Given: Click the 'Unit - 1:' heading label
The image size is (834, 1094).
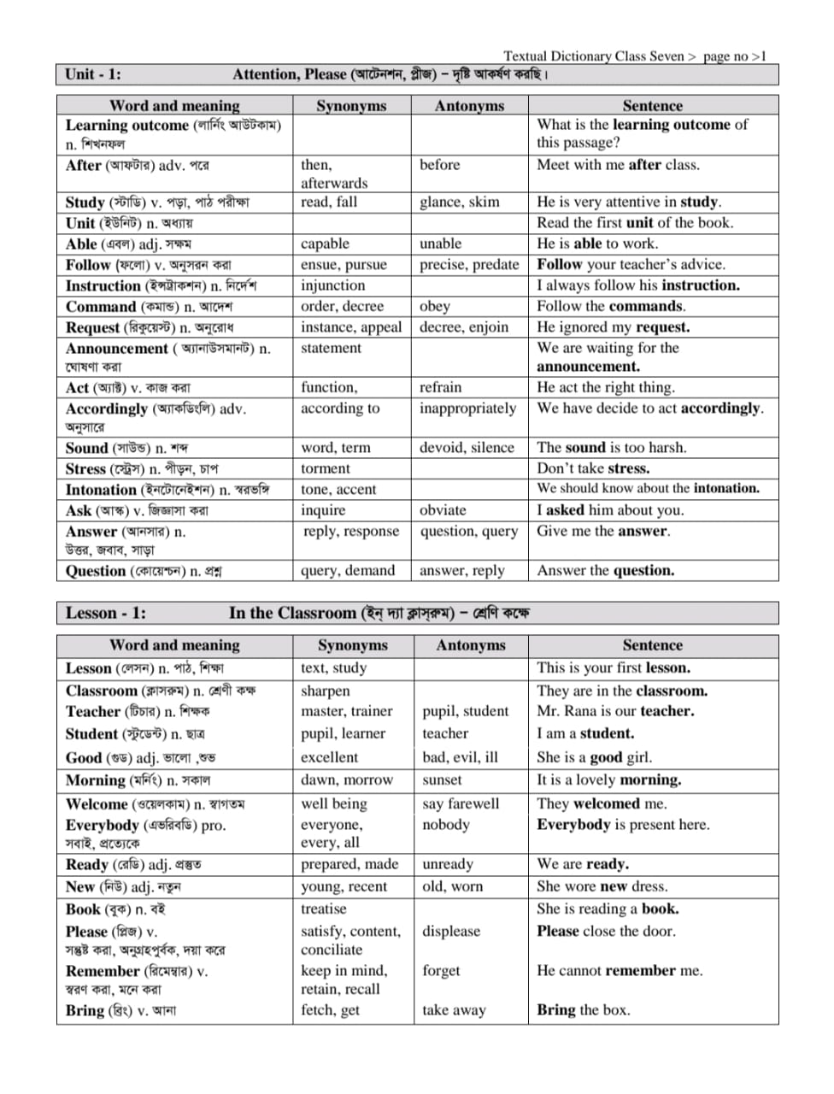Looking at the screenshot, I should point(93,74).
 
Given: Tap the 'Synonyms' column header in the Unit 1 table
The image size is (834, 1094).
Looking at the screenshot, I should point(351,106).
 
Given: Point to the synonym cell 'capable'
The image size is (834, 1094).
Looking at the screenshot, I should point(325,244).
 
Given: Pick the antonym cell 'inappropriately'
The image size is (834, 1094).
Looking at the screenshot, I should point(467,409).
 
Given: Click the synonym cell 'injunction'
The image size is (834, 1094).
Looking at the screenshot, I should point(332,285).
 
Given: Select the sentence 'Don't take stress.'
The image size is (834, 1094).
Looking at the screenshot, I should point(593,468).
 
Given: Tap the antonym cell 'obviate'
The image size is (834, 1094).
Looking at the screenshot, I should point(443,510).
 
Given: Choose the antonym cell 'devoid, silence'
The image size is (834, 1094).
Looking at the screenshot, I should point(467,448).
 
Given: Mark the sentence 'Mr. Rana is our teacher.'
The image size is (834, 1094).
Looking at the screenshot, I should point(615,711).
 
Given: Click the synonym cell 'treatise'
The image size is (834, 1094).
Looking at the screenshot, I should point(323,909).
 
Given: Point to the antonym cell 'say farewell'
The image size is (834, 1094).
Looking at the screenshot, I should point(461,804).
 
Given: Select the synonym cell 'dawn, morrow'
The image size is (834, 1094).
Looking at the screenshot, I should point(346,780).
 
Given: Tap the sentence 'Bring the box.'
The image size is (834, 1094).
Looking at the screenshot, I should point(583,1010).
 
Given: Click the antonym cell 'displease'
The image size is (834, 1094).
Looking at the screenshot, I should point(450,932).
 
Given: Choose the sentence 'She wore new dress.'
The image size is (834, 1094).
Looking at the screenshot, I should point(602,887).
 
